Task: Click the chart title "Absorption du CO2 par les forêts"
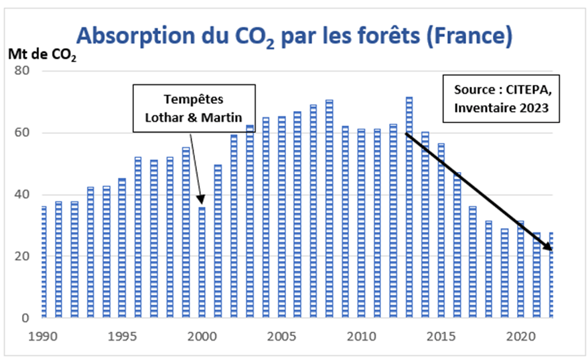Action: (294, 35)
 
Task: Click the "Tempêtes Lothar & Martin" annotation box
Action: (194, 107)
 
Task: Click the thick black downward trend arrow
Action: (478, 191)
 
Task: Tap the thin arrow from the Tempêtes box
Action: (196, 164)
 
